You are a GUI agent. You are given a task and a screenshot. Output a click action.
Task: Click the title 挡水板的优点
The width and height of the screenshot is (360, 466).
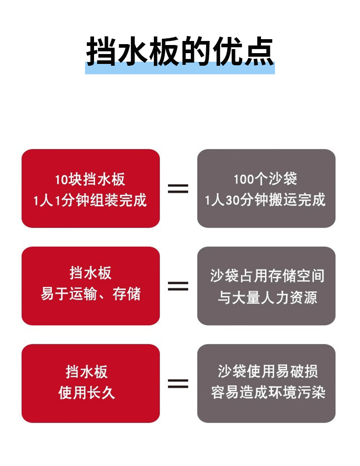pos(180,52)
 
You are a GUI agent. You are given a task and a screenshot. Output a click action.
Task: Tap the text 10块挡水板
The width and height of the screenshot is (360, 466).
pos(90,180)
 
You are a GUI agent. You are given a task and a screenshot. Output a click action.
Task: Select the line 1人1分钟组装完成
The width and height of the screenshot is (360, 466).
pos(90,200)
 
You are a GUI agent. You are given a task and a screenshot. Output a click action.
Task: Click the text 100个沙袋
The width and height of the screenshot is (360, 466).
pos(265,179)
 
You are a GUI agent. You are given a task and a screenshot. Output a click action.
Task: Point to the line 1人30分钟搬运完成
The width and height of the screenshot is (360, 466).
pos(265,199)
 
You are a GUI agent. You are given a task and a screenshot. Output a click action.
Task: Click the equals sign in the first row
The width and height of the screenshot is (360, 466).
pos(178,188)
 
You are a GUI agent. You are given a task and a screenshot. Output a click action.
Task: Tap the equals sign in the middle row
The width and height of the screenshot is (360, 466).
pos(178,285)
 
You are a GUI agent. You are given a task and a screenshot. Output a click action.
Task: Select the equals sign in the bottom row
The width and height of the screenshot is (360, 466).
pos(178,383)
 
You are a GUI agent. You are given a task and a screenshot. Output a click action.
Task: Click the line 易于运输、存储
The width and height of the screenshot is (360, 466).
pos(90,294)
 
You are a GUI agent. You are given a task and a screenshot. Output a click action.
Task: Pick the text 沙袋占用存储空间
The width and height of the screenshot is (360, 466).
pos(267,276)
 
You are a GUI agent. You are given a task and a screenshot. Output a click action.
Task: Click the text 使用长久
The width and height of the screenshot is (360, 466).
pos(87,392)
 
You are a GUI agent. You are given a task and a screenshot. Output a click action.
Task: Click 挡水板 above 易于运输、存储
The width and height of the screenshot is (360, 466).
pos(90,273)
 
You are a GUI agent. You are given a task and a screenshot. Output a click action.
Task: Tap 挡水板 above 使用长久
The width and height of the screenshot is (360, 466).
pos(87,372)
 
